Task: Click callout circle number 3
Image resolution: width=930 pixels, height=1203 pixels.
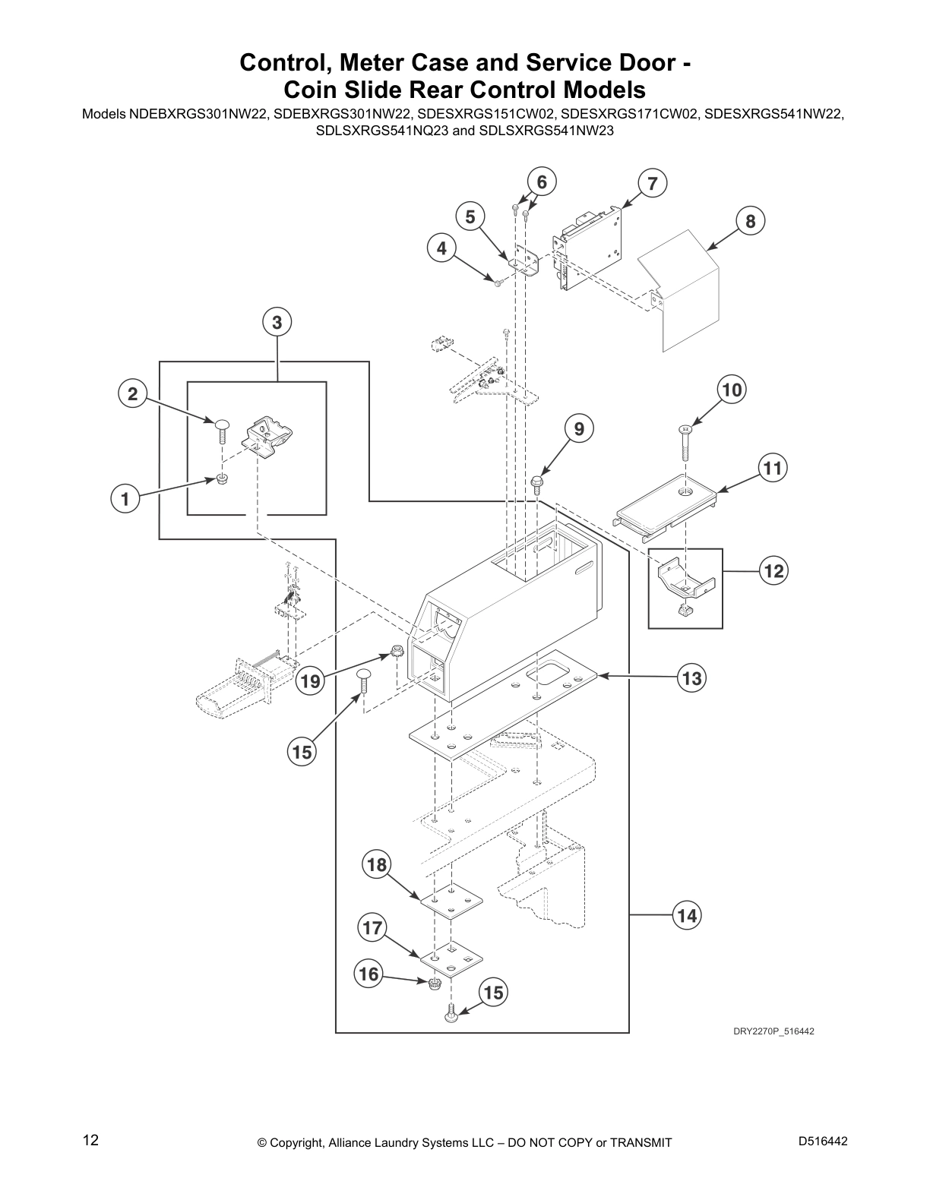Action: click(277, 323)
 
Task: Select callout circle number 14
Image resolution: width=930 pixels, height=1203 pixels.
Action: click(687, 916)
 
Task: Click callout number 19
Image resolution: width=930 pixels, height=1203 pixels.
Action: click(310, 681)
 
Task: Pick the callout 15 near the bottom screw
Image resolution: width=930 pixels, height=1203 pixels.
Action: click(493, 993)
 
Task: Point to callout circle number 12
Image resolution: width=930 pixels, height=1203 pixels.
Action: click(773, 571)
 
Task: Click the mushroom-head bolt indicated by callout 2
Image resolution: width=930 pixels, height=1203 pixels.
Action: click(222, 429)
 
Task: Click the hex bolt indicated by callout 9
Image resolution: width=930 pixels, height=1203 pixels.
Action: click(536, 482)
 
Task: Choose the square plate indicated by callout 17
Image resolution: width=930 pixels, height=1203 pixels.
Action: click(452, 958)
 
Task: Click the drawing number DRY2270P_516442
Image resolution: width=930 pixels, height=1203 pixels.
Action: click(773, 1031)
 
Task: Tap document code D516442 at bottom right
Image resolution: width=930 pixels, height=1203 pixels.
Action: click(823, 1141)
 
